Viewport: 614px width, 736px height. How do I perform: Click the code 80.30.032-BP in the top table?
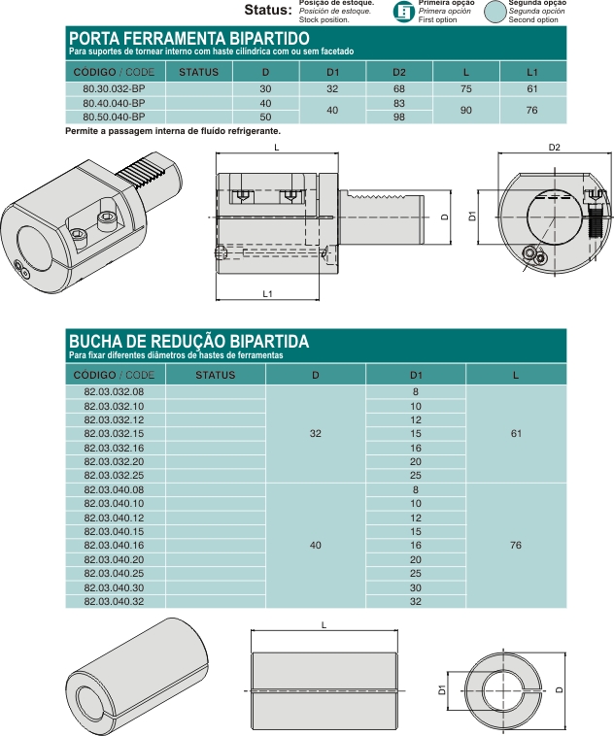tap(114, 88)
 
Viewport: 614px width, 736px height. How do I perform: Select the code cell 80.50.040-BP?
tap(114, 117)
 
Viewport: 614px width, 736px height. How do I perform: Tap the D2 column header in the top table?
tap(398, 72)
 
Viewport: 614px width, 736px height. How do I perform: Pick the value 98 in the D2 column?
tap(398, 117)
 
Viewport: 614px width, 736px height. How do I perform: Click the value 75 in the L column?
tap(466, 88)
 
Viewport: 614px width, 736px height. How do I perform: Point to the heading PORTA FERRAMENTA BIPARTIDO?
tap(188, 37)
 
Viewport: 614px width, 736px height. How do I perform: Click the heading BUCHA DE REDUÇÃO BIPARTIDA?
tap(188, 341)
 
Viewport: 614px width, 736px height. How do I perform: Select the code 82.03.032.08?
tap(114, 391)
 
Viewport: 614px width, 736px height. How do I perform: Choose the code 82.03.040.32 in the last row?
tap(114, 602)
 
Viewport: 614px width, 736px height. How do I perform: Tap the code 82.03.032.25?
tap(114, 476)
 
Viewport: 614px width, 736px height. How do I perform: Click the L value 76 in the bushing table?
tap(516, 546)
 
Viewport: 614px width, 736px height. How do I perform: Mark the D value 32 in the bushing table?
tap(315, 433)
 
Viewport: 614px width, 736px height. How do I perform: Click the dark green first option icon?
tap(403, 12)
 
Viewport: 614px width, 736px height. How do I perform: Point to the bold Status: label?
tap(267, 11)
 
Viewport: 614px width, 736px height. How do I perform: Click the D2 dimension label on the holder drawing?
tap(554, 148)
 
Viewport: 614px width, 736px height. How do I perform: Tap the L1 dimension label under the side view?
tap(267, 292)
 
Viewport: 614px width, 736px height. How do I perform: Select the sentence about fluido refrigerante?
tap(173, 130)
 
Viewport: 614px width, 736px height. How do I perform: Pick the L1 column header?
tap(532, 72)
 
